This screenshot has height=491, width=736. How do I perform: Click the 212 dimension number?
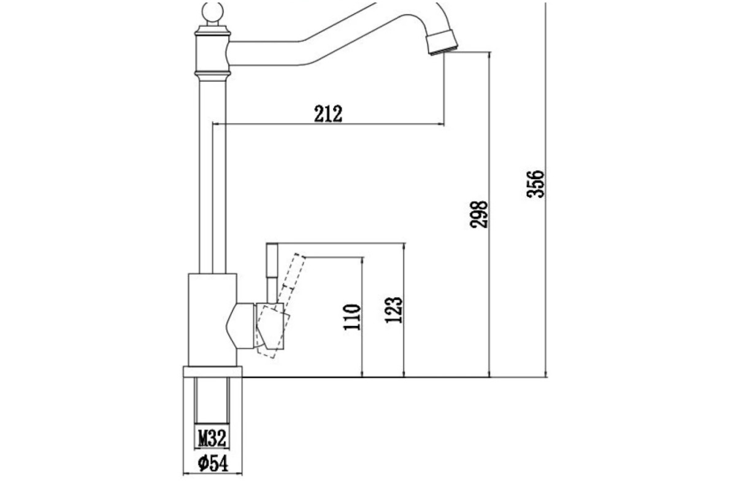328,114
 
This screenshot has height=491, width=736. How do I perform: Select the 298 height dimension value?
479,214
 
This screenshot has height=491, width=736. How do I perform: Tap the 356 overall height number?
535,184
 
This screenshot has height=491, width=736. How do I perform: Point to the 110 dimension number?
351,317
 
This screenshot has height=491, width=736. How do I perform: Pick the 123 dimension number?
394,310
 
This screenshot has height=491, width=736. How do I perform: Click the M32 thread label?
212,438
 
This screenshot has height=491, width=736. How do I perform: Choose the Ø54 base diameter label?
213,463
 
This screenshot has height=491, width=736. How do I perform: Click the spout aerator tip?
442,42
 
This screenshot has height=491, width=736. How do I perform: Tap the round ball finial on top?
213,12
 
